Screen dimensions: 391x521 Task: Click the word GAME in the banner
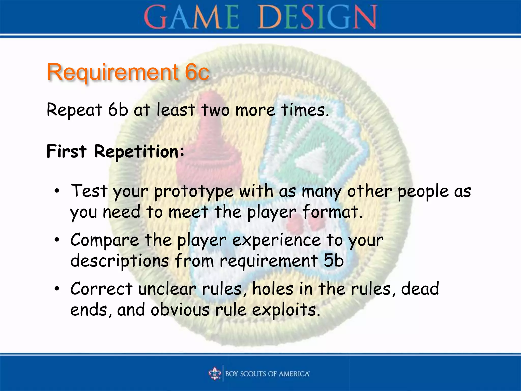[x=191, y=17]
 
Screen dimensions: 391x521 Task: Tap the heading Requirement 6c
[x=128, y=72]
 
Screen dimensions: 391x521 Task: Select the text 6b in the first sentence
[x=118, y=110]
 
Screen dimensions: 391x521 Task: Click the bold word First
[x=66, y=151]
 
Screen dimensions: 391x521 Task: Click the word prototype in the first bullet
[x=194, y=192]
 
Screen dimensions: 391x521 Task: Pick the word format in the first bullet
[x=332, y=212]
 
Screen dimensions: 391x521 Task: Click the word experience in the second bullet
[x=276, y=241]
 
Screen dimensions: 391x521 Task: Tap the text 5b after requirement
[x=334, y=261]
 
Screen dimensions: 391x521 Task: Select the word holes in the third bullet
[x=272, y=289]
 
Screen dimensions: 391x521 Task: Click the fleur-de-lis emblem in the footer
[x=215, y=374]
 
